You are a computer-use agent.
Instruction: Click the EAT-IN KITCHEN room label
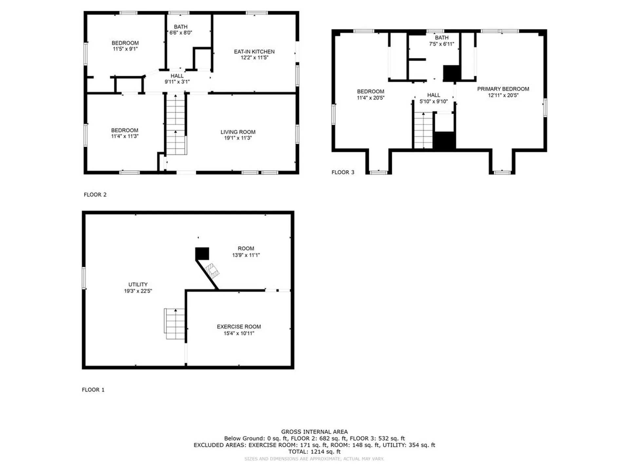254,52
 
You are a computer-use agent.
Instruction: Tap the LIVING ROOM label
238,132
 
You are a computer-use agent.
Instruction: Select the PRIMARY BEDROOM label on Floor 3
503,89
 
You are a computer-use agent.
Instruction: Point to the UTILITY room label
138,285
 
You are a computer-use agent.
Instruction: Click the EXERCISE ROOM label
239,327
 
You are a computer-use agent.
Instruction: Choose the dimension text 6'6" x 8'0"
181,33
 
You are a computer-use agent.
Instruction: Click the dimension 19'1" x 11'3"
238,138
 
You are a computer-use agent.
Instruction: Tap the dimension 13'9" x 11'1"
246,255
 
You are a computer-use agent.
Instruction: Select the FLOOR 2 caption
95,195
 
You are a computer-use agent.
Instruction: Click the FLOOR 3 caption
343,172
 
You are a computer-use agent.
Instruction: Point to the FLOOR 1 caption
93,390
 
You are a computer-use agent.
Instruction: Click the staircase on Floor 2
176,125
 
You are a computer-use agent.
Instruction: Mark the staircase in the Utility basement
174,324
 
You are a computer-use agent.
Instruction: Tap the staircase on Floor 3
424,130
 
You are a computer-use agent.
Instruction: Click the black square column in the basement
202,254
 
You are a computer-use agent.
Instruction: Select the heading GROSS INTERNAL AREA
314,432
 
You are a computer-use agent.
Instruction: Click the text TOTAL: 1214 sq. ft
314,452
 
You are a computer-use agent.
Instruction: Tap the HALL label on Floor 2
177,76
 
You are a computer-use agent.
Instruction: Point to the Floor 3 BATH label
442,38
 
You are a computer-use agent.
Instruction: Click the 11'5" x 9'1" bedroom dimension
125,49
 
